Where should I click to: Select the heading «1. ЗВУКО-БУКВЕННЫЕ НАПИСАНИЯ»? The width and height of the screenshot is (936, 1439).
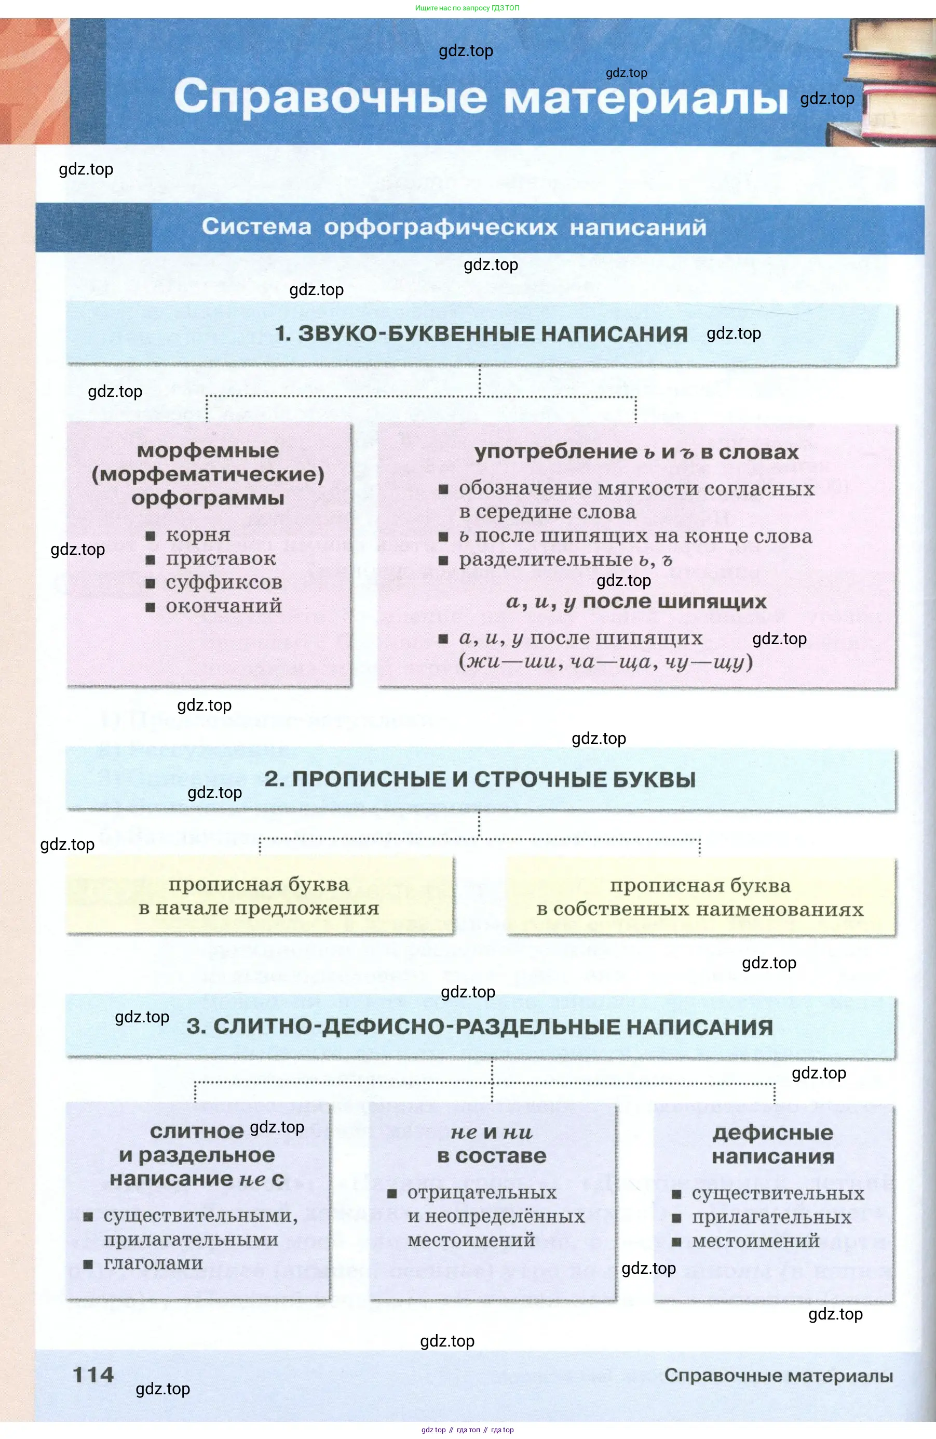[x=481, y=334]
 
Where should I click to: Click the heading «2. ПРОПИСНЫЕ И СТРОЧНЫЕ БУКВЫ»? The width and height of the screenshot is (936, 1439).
[x=480, y=779]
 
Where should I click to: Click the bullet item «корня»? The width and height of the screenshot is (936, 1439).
[x=189, y=535]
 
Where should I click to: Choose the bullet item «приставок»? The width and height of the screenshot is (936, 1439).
[x=221, y=558]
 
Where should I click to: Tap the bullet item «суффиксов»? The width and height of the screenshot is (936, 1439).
[x=224, y=582]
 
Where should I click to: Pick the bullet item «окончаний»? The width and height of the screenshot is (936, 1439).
[x=224, y=606]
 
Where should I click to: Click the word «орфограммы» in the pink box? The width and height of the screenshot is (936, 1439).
[x=208, y=498]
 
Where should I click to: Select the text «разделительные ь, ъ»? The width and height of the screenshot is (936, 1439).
[x=565, y=560]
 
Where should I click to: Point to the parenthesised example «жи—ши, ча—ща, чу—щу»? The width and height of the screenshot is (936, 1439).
[x=606, y=661]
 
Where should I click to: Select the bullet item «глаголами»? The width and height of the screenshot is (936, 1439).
[x=153, y=1263]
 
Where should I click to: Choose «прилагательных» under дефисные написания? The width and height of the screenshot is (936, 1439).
[x=771, y=1217]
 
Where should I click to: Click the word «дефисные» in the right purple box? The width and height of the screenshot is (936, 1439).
[x=773, y=1132]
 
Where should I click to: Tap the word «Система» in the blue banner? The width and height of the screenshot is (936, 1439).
[x=256, y=226]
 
